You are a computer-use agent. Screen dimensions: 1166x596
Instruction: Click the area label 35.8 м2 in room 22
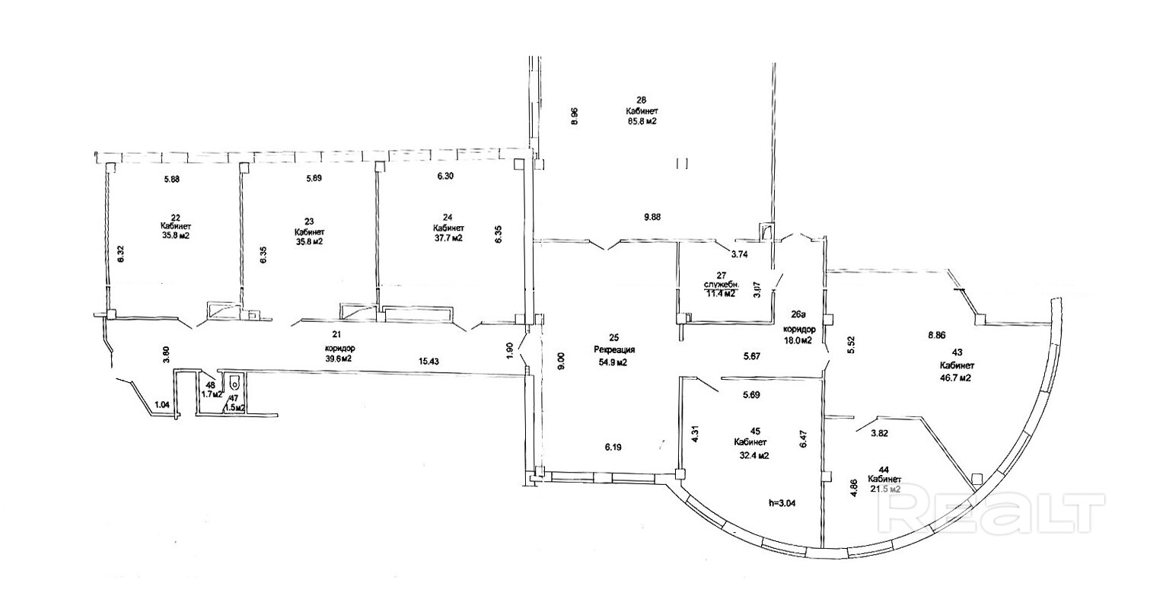tap(175, 236)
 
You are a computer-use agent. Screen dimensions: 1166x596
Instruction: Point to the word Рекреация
tap(614, 350)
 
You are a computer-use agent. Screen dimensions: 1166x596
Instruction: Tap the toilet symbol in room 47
tap(235, 382)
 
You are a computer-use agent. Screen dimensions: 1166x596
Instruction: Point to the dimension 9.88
tap(651, 217)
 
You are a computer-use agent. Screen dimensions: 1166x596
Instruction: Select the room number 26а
tap(798, 313)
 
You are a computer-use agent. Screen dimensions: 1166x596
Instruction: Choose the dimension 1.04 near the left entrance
tap(161, 405)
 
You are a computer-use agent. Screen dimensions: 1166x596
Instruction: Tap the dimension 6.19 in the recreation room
tap(613, 448)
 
